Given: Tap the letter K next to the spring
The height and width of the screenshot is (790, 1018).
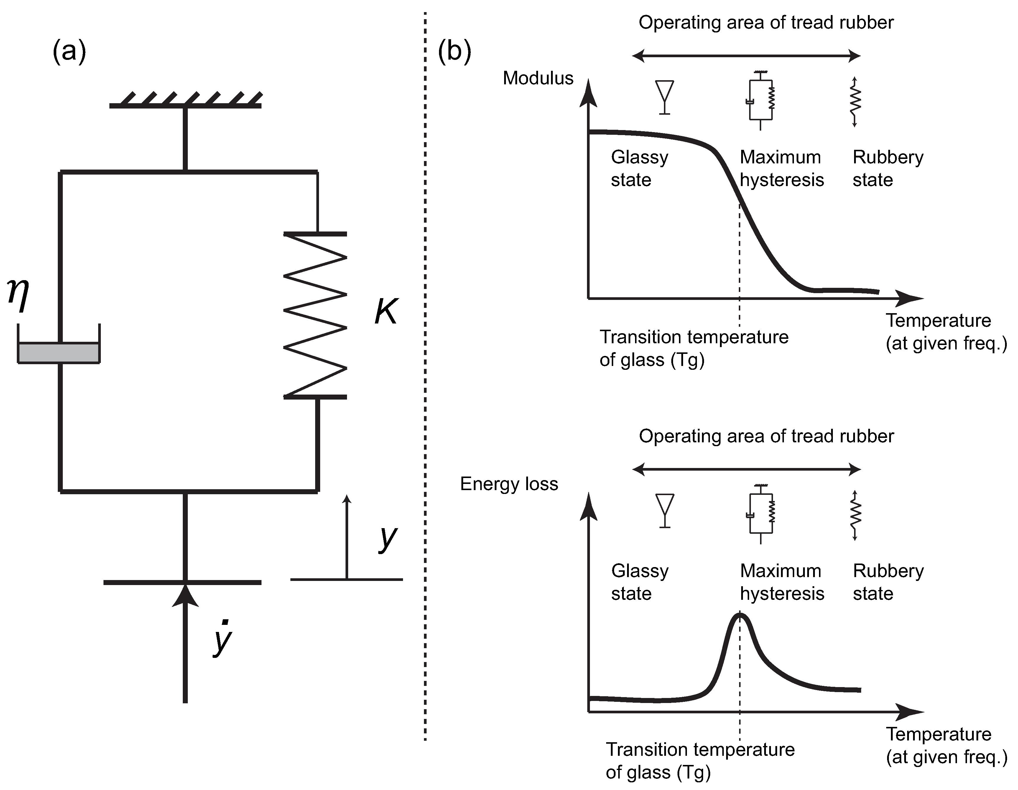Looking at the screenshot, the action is coord(386,311).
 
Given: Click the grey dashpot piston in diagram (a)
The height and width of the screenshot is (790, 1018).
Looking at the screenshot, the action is coord(59,353).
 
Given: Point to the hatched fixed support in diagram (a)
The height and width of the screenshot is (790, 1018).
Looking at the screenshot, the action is coord(185,100).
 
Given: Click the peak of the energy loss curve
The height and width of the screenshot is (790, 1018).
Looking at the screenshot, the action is coord(740,615).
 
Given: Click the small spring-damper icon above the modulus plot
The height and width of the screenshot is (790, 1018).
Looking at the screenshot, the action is coord(761,100).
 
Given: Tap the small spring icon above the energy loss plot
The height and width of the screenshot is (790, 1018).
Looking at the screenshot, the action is coord(855,515).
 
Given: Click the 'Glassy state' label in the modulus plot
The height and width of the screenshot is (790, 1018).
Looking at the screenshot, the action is coord(639,168).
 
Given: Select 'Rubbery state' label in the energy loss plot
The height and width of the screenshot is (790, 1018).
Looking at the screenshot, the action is coord(888,582).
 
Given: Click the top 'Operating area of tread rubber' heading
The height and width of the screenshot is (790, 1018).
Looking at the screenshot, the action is coord(766,22).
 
